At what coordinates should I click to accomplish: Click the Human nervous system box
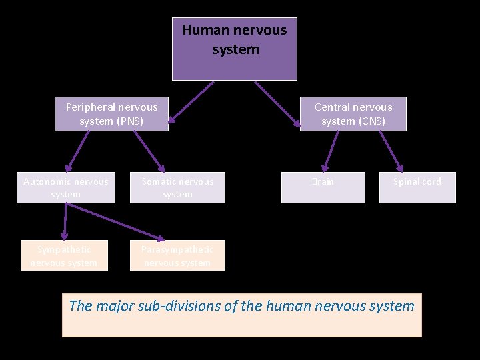(235, 49)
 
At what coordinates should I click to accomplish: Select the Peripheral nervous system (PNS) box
(111, 114)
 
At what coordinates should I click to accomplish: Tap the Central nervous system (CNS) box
(353, 114)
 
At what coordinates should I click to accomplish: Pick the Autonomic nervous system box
(65, 187)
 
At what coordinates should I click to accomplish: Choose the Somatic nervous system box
(177, 187)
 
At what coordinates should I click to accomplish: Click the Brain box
(323, 187)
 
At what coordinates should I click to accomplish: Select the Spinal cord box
(417, 187)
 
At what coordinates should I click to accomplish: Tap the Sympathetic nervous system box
(63, 256)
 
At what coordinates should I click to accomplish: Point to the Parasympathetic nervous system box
(177, 256)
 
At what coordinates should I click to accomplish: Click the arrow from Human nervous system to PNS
(191, 103)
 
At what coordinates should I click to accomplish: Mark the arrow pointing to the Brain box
(331, 151)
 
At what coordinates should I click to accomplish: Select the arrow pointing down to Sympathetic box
(65, 221)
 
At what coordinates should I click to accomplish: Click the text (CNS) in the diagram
(371, 121)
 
